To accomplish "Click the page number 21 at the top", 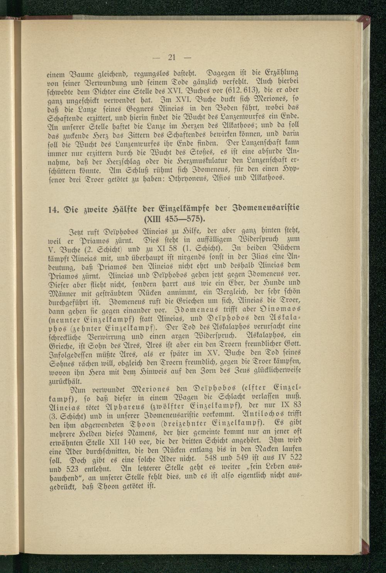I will [172, 58].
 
